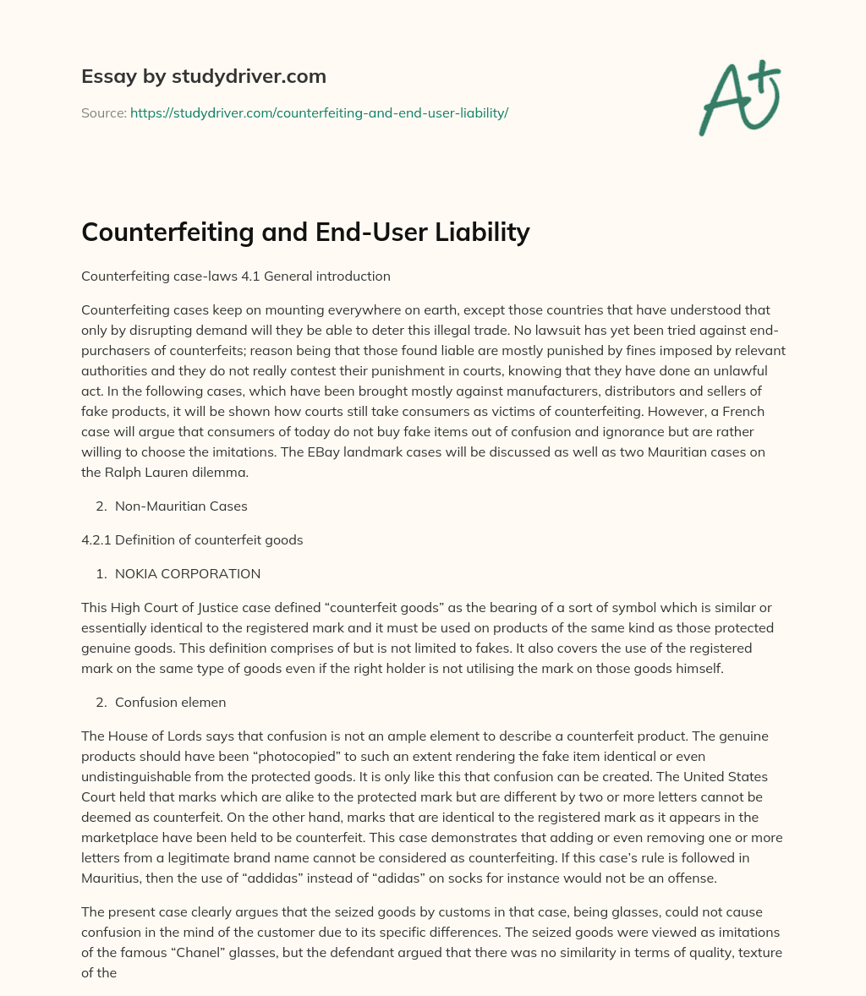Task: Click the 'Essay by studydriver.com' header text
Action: [x=203, y=76]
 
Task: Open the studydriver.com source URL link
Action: [x=319, y=112]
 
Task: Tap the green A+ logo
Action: [x=739, y=97]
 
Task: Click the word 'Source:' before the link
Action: [x=103, y=112]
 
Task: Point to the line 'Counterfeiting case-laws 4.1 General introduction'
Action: [x=235, y=276]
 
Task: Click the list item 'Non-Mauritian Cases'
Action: [x=181, y=506]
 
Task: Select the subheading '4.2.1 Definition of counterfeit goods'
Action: [x=191, y=539]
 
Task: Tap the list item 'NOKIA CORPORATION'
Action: [x=188, y=573]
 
